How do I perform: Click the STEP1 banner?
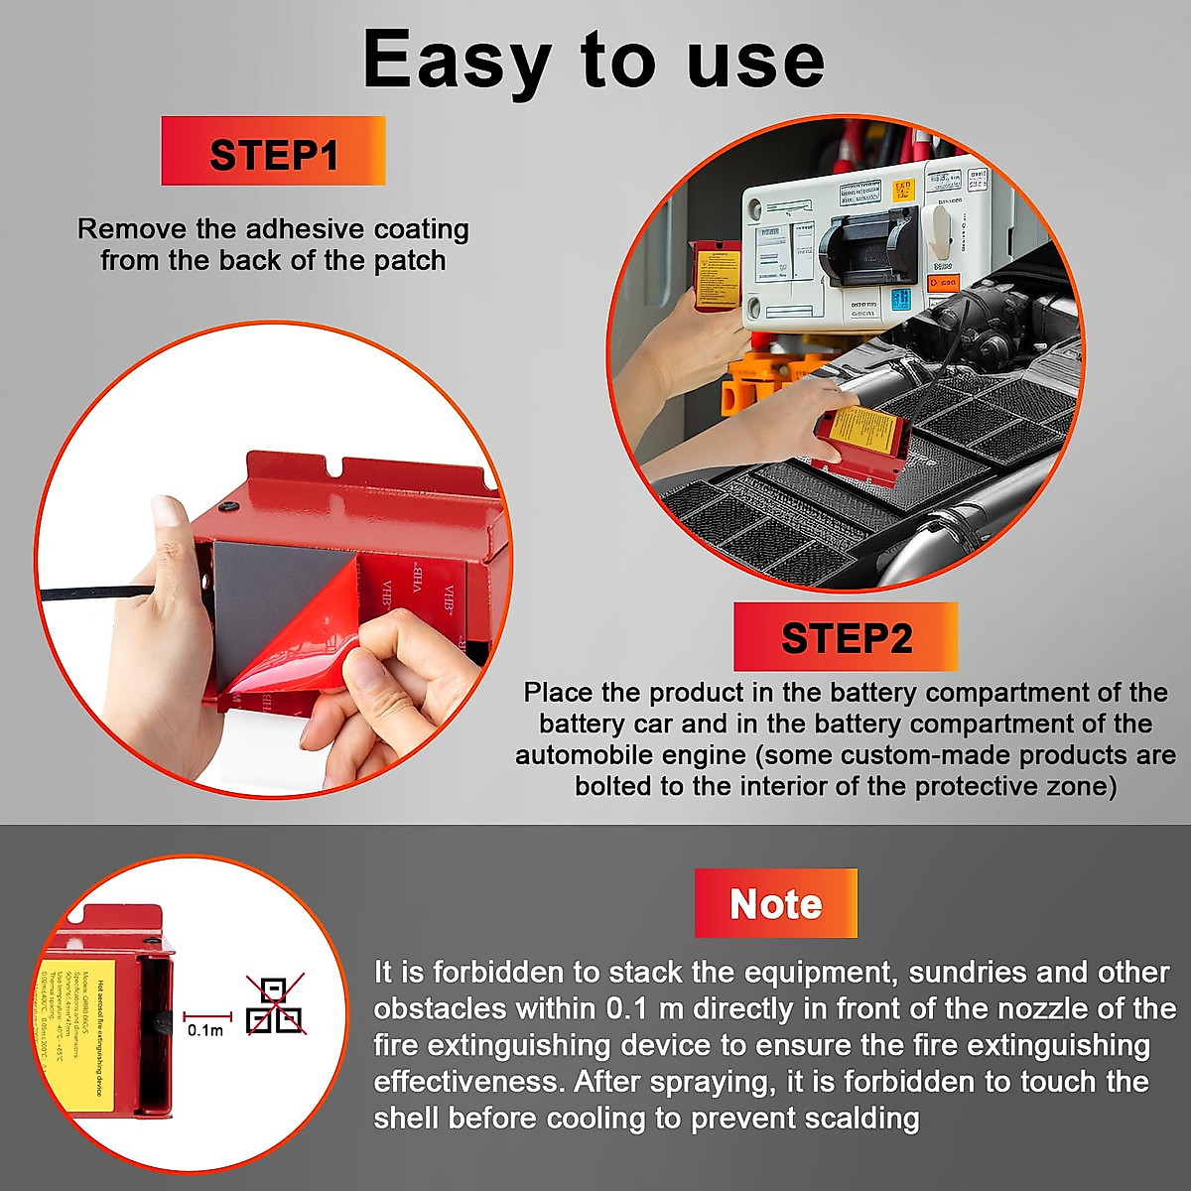(x=273, y=152)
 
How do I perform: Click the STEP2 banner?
(x=846, y=637)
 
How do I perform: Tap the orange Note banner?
(x=775, y=903)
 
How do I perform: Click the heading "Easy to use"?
(x=594, y=60)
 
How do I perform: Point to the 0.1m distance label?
(x=205, y=1030)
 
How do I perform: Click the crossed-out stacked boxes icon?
(x=275, y=1004)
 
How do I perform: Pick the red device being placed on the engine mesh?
(x=861, y=443)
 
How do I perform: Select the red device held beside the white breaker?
(x=716, y=274)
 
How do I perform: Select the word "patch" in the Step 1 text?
(x=409, y=261)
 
